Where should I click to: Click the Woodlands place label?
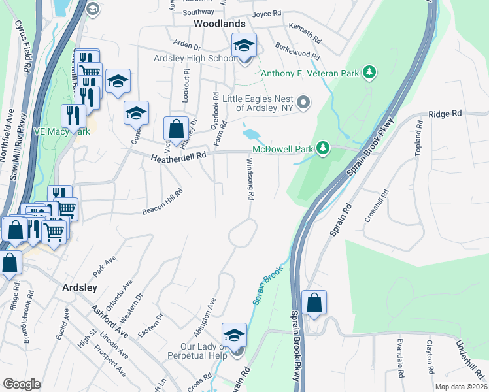pyautogui.click(x=219, y=24)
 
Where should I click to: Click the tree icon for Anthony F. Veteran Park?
pyautogui.click(x=369, y=72)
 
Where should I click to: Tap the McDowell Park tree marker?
pyautogui.click(x=322, y=148)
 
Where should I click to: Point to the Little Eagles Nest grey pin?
pyautogui.click(x=303, y=102)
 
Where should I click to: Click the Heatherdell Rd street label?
pyautogui.click(x=178, y=157)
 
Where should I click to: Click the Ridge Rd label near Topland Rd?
pyautogui.click(x=445, y=114)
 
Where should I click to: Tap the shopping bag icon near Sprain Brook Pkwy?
pyautogui.click(x=314, y=303)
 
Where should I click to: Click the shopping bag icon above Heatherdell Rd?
pyautogui.click(x=176, y=129)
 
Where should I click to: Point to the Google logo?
pyautogui.click(x=22, y=384)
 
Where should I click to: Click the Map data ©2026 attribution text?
pyautogui.click(x=461, y=387)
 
